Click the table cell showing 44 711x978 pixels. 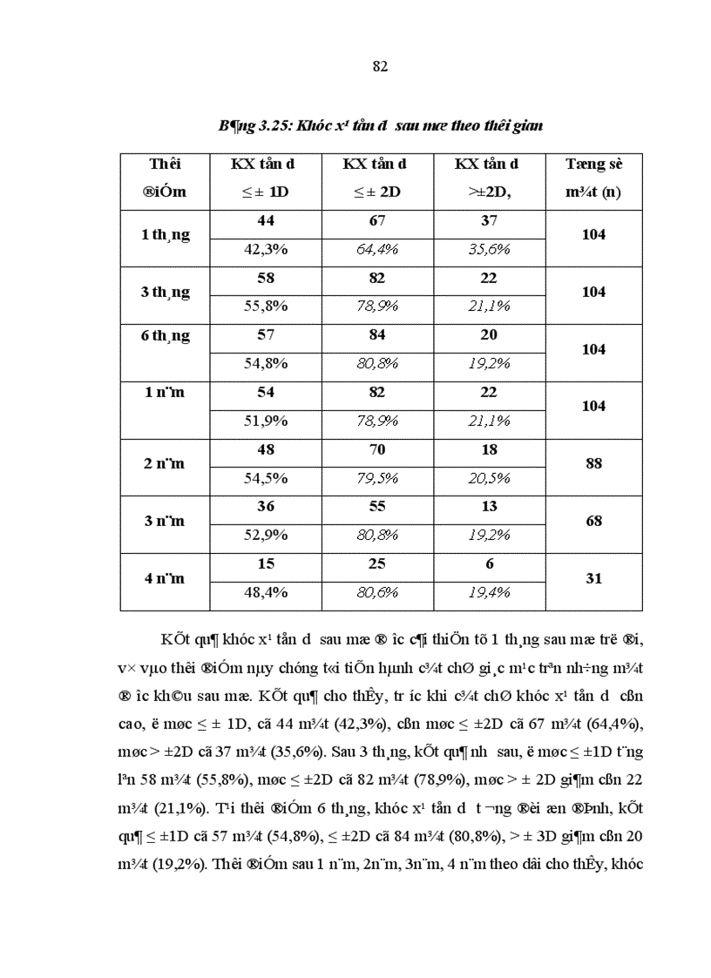tap(265, 221)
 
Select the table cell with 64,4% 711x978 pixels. tap(376, 249)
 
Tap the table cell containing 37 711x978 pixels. tap(489, 221)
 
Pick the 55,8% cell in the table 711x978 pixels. tap(265, 307)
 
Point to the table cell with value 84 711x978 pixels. tap(376, 335)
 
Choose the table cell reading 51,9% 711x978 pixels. tap(265, 421)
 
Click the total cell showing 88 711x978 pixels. tap(593, 463)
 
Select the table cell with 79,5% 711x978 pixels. tap(376, 478)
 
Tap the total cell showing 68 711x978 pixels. tap(593, 521)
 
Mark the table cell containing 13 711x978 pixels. tap(489, 507)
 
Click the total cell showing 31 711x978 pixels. tap(593, 578)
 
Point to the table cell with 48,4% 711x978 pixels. tap(265, 592)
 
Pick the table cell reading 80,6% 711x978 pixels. tap(376, 592)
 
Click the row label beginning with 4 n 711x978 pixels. tap(166, 578)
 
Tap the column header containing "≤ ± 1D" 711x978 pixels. tap(265, 192)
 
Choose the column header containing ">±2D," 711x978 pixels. tap(488, 192)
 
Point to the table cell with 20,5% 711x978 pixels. tap(489, 478)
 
